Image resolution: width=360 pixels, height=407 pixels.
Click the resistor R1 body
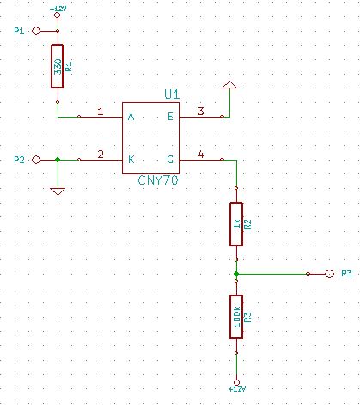point(58,66)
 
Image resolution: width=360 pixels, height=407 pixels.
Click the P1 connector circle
point(36,31)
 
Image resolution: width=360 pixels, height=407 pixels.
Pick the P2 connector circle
point(36,160)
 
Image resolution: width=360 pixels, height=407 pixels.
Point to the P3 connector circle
point(328,274)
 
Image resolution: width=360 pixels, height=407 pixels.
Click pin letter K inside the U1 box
point(131,160)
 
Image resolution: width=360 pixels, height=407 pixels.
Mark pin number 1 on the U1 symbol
point(101,112)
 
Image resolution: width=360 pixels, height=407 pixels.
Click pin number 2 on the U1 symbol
point(101,155)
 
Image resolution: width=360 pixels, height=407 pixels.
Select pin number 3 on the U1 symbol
point(200,112)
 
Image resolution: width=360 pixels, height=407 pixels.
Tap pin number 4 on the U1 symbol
point(200,155)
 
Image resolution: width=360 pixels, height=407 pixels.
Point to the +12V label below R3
point(236,389)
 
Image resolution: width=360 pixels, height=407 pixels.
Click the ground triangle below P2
point(58,191)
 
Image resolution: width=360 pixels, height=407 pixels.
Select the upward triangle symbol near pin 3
point(229,86)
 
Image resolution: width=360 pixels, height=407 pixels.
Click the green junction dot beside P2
point(58,160)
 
